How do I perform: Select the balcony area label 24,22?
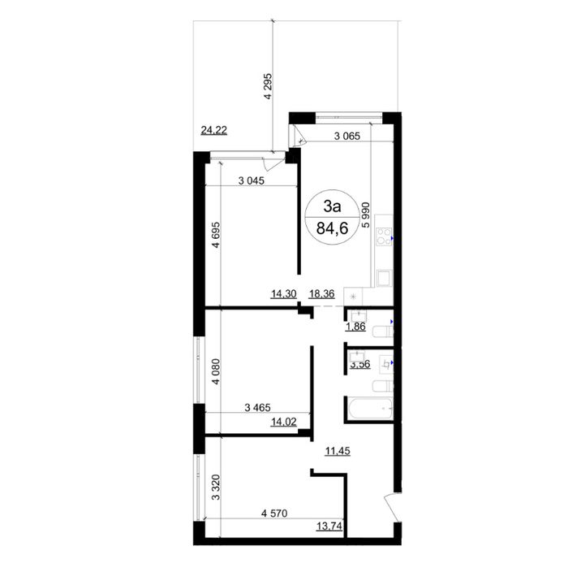[214, 129]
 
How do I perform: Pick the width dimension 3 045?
[256, 181]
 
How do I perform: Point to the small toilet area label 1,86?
[355, 327]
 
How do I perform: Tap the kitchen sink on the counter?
[381, 279]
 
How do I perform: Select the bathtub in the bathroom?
[369, 409]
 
